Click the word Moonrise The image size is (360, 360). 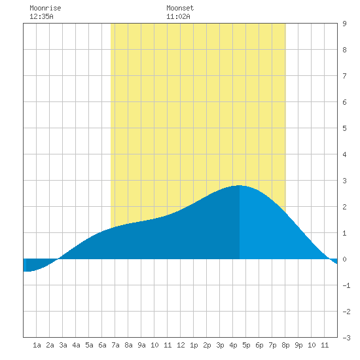pyautogui.click(x=45, y=8)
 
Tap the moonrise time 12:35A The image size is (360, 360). pyautogui.click(x=41, y=16)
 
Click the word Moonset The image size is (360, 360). pyautogui.click(x=180, y=8)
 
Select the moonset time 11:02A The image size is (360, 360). pyautogui.click(x=178, y=16)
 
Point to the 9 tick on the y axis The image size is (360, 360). pyautogui.click(x=344, y=24)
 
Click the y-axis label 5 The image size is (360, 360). pyautogui.click(x=344, y=128)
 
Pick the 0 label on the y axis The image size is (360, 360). pyautogui.click(x=344, y=259)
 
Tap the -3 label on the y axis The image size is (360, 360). pyautogui.click(x=346, y=338)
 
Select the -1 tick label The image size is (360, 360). pyautogui.click(x=346, y=285)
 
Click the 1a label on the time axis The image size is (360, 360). pyautogui.click(x=37, y=345)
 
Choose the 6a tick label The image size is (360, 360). pyautogui.click(x=102, y=345)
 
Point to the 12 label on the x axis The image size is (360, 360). pyautogui.click(x=181, y=345)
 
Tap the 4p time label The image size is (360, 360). pyautogui.click(x=233, y=345)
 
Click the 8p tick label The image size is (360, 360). pyautogui.click(x=285, y=345)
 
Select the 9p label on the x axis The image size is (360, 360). pyautogui.click(x=298, y=345)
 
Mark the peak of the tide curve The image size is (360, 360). pyautogui.click(x=239, y=185)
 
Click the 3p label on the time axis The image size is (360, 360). pyautogui.click(x=220, y=345)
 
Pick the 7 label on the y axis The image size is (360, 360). pyautogui.click(x=344, y=76)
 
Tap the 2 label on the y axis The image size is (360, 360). pyautogui.click(x=344, y=207)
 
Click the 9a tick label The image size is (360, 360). pyautogui.click(x=141, y=345)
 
